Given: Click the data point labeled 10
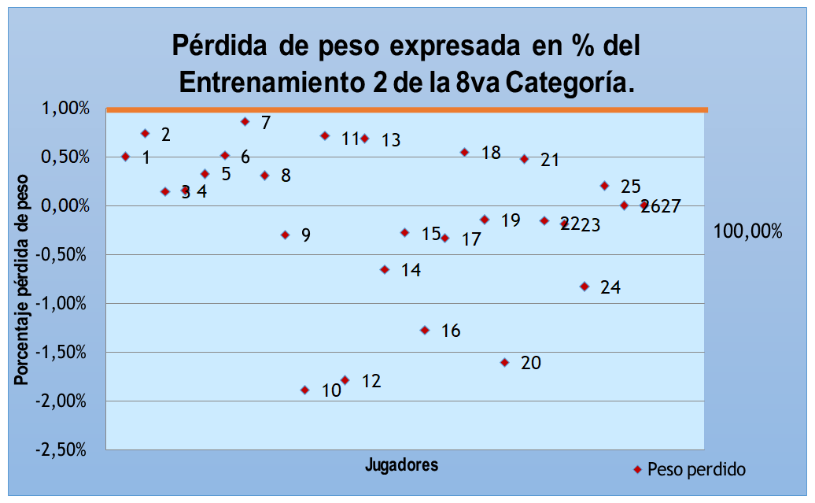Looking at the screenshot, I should pos(305,390).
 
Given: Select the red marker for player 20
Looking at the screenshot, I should pos(505,362).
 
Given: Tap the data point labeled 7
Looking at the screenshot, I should pos(245,121).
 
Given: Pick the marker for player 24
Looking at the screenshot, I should pos(585,287).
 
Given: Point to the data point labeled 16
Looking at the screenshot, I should pos(425,330).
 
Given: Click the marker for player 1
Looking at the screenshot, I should pos(126,157).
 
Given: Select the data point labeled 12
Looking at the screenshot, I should pos(345,380).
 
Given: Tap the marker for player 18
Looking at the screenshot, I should pos(465,152).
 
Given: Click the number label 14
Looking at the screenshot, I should pos(411,270).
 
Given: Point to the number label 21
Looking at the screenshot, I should pos(550,160).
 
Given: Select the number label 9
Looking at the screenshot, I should pos(306,235).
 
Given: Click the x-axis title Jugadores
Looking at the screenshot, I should pos(401,464).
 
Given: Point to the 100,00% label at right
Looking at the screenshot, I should pos(748,231).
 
